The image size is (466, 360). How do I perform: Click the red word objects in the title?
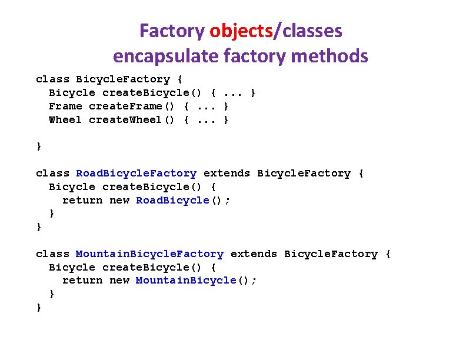241,31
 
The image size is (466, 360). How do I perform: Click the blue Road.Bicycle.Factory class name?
137,174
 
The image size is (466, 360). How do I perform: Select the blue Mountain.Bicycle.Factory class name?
149,254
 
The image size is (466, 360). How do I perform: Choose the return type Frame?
65,106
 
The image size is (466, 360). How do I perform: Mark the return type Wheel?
65,120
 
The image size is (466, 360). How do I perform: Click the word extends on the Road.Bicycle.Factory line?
227,174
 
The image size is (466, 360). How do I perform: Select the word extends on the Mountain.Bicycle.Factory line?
254,254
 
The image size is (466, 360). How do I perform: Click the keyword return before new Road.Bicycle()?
82,201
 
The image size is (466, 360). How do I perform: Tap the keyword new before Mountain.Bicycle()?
119,281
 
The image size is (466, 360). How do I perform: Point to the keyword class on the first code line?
52,79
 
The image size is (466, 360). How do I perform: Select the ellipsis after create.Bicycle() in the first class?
234,93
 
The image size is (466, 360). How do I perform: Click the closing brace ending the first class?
39,146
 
